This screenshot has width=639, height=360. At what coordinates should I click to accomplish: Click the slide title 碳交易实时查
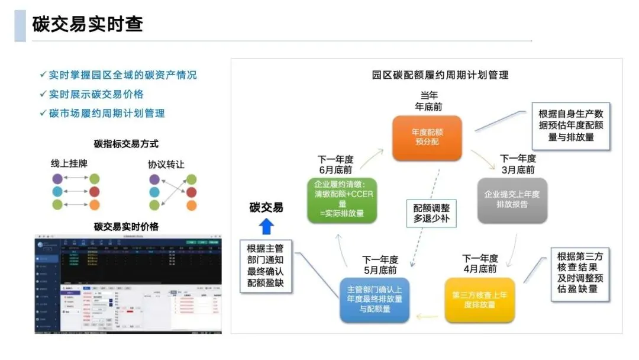[88, 25]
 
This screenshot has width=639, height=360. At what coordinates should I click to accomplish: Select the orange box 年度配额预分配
[427, 137]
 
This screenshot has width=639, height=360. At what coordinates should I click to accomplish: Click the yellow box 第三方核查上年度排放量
[479, 300]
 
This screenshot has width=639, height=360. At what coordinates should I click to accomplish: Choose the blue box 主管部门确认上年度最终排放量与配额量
[375, 300]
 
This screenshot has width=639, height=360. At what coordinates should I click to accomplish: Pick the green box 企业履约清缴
[341, 199]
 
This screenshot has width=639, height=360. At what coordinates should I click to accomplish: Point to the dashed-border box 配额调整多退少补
[431, 214]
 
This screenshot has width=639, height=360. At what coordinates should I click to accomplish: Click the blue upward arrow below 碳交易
[266, 226]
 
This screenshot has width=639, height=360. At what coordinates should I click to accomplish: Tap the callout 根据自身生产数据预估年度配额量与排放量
[571, 126]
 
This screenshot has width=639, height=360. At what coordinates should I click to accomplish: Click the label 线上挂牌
[69, 163]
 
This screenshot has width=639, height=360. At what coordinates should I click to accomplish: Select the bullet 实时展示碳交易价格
[96, 94]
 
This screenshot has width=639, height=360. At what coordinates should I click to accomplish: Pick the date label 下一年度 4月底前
[480, 263]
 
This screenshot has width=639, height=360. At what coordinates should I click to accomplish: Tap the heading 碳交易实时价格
[126, 226]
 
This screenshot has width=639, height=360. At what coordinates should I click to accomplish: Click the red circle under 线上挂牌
[94, 192]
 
